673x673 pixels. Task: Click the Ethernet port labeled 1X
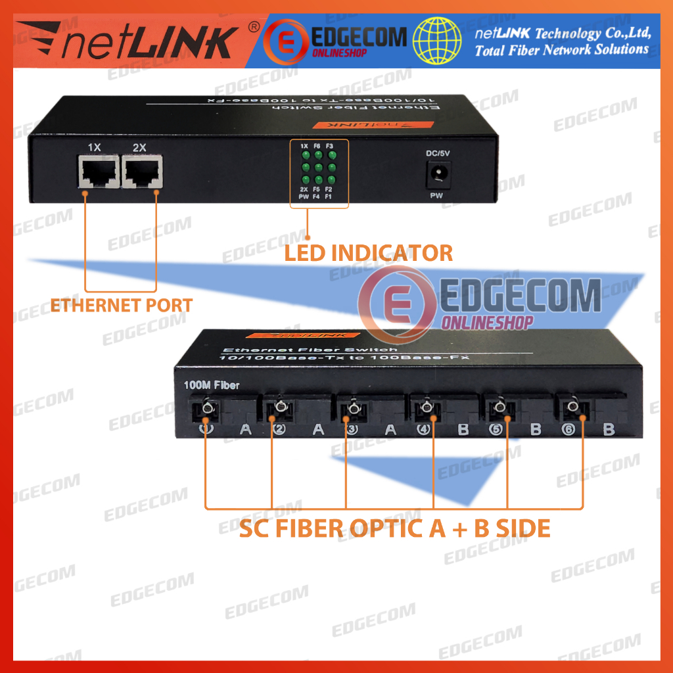tap(99, 172)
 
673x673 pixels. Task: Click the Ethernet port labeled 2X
tap(143, 172)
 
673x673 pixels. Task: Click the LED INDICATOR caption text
tap(369, 253)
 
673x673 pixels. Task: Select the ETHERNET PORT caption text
tap(122, 305)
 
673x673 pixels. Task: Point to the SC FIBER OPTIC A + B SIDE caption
tap(394, 528)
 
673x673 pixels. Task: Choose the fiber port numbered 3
tap(353, 411)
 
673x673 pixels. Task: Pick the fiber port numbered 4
tap(427, 411)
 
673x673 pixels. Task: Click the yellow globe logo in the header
tap(436, 40)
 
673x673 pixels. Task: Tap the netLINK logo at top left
tap(125, 41)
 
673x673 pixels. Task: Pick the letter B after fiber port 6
tap(608, 430)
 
